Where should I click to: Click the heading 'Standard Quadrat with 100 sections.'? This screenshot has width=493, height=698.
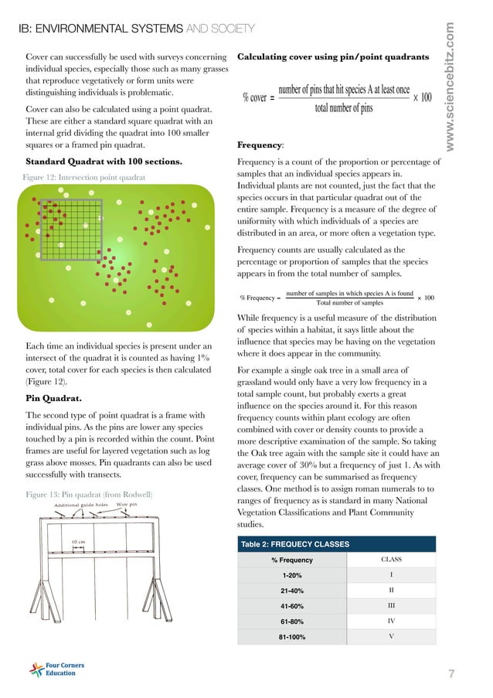[104, 162]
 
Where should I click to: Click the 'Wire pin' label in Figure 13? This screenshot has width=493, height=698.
[126, 506]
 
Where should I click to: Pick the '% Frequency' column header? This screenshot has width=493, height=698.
[291, 560]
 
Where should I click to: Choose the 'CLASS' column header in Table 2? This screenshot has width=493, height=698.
[392, 560]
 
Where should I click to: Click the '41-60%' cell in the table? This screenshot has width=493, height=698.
[291, 605]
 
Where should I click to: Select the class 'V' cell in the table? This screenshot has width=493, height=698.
[392, 636]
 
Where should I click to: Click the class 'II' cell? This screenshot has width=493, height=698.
[392, 590]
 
